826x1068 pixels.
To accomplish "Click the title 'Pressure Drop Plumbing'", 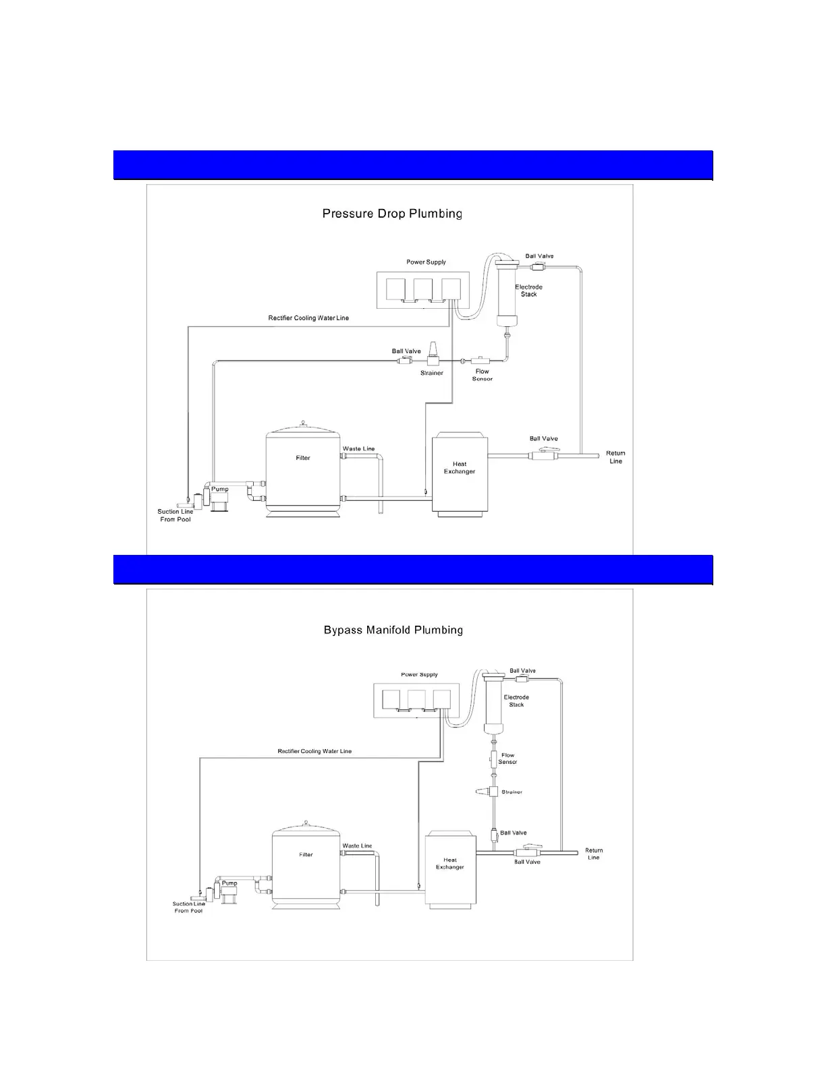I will pos(392,214).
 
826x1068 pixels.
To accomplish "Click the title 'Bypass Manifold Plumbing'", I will pos(393,630).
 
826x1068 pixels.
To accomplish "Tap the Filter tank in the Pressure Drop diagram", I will pos(302,472).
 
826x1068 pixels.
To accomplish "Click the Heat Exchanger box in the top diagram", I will pos(460,475).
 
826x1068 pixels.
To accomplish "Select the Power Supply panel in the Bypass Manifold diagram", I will pos(419,699).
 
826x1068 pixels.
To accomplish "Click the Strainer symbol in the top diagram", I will pos(433,358).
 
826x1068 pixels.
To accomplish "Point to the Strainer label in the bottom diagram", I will pos(512,792).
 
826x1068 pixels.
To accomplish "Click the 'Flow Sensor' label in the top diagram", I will pos(483,375).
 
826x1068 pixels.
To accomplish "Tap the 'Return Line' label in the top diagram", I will pos(615,457).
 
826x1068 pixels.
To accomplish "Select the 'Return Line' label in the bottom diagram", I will pos(594,854).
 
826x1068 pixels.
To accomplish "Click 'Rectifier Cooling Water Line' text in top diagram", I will pos(308,318).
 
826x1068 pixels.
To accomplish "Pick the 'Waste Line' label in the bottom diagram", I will pos(357,845).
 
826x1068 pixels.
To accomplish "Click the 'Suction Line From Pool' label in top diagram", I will pos(175,516).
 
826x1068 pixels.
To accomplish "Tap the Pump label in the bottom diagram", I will pos(229,883).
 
